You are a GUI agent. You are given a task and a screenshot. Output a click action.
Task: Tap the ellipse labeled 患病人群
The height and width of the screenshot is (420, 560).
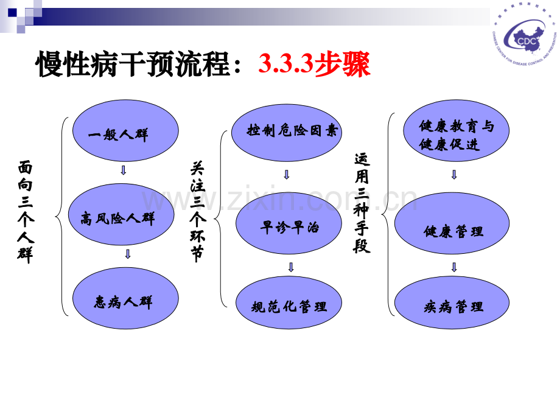click(x=125, y=300)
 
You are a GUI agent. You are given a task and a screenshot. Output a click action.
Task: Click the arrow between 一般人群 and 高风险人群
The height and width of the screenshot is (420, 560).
click(x=124, y=170)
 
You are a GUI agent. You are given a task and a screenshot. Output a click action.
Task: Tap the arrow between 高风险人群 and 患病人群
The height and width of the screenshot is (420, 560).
click(x=127, y=254)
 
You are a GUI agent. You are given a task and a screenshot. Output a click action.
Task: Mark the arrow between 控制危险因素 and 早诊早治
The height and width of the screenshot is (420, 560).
click(x=287, y=174)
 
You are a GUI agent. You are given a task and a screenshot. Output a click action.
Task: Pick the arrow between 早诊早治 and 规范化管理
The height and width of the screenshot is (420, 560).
click(x=291, y=267)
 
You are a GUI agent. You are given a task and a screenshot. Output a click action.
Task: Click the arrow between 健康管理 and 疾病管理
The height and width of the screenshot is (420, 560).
click(x=454, y=267)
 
